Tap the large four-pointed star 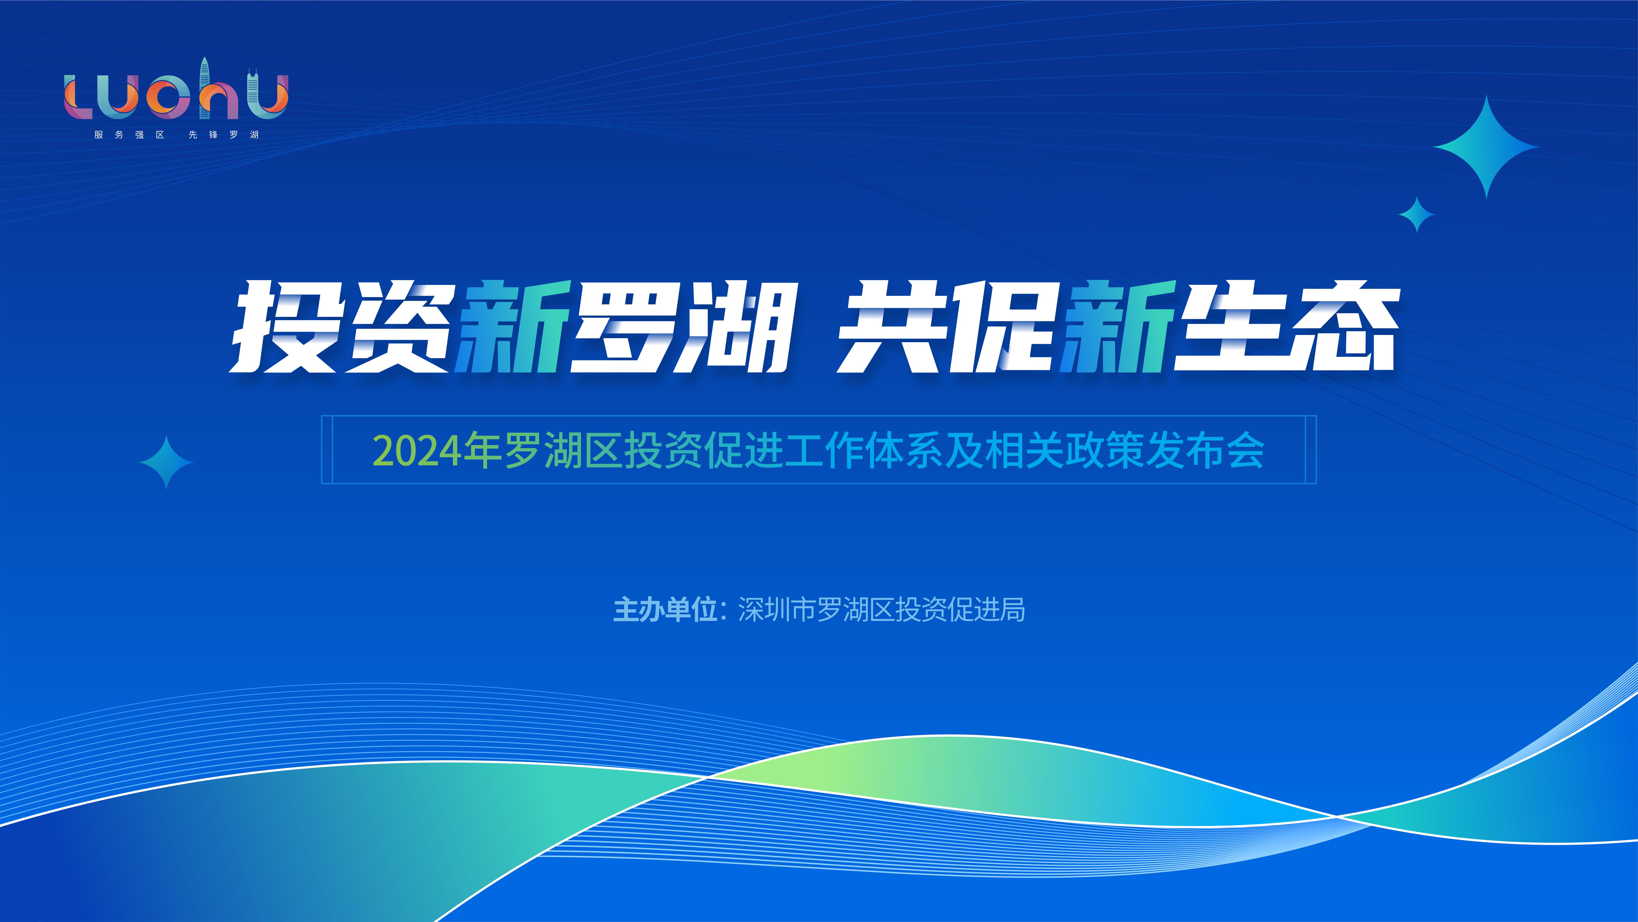1486,147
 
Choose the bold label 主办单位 664,610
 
